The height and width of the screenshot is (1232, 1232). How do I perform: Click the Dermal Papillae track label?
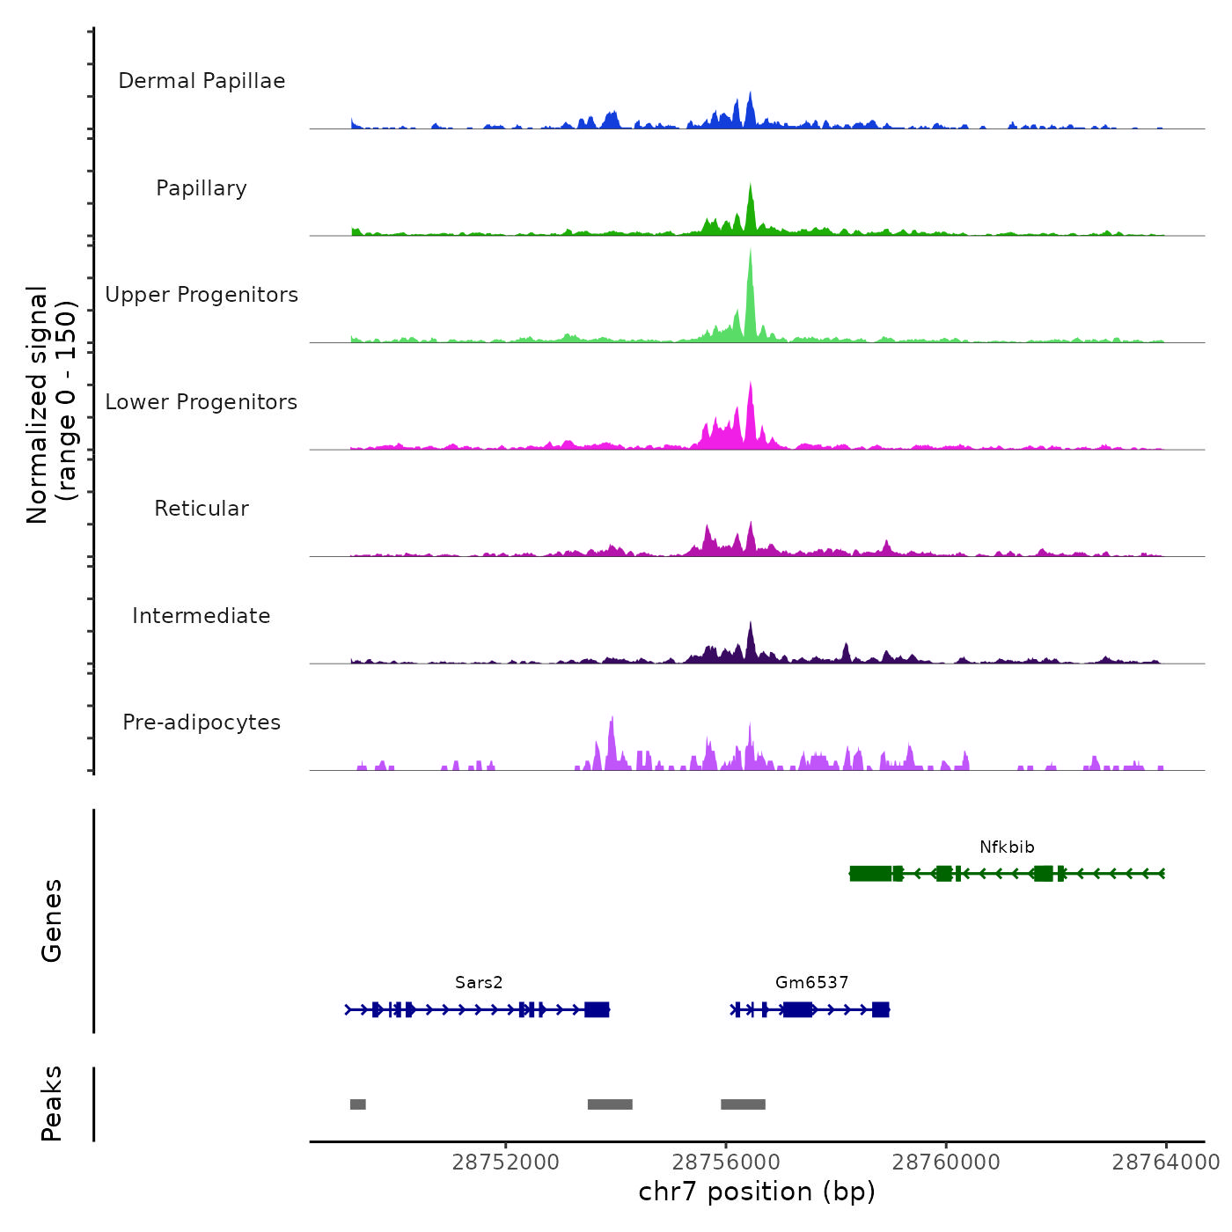202,81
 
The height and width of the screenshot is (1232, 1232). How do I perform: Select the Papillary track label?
202,188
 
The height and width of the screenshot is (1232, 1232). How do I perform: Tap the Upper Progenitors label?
202,295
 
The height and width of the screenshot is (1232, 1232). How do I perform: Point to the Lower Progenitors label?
202,402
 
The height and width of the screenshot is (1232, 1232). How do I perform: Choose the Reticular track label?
202,509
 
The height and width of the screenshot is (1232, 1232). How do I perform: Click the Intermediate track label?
202,616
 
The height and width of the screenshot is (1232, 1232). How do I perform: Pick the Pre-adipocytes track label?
202,722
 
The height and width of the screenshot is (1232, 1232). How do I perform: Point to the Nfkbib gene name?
1007,847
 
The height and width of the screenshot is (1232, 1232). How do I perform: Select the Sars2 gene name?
479,983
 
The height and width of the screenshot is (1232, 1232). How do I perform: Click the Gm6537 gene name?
811,983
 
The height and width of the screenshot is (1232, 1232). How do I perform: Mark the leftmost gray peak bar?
357,1104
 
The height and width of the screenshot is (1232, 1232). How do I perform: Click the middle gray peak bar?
610,1104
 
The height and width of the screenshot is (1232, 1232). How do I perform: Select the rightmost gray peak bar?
743,1104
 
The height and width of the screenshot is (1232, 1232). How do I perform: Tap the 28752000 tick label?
505,1162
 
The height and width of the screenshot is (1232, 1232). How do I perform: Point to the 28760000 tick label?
946,1162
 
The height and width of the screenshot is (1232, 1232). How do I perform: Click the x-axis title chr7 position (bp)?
757,1192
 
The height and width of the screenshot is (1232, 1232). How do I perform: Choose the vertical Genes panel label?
52,920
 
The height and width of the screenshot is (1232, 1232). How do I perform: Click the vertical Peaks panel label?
52,1104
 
